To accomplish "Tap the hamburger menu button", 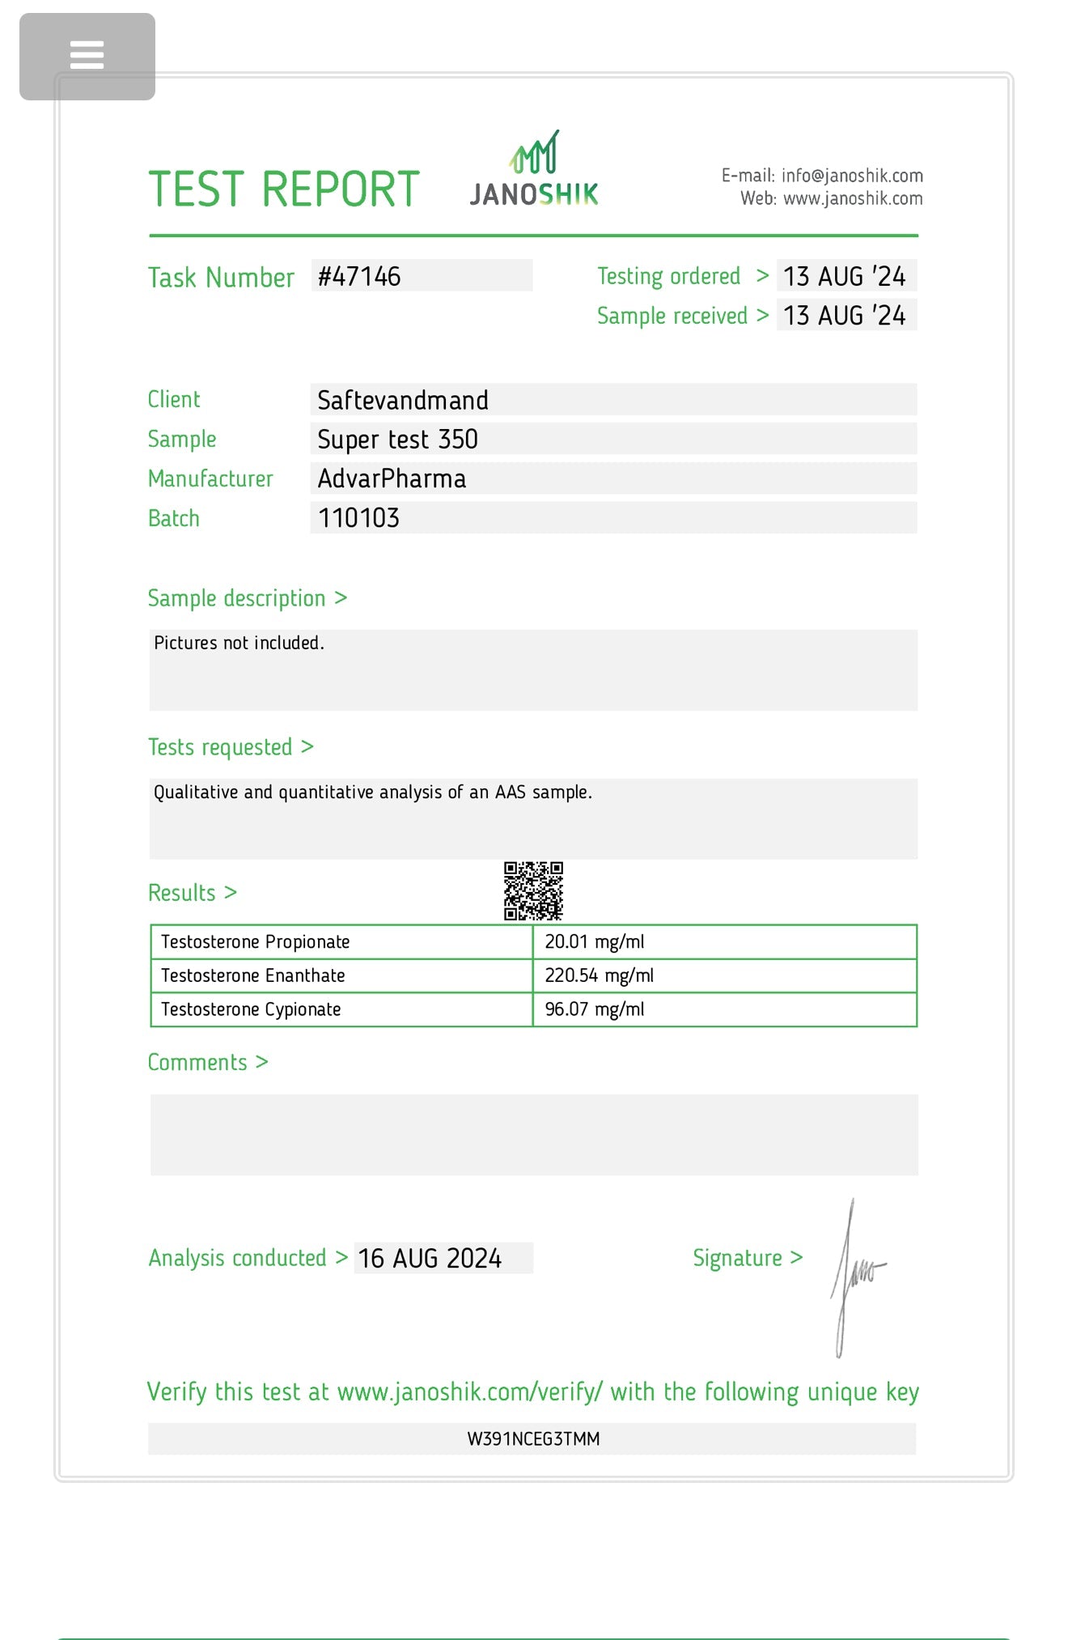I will pos(87,56).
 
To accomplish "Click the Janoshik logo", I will pos(534,171).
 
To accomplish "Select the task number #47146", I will pos(359,276).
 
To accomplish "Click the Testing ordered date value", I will pos(844,276).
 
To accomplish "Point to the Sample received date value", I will pos(844,315).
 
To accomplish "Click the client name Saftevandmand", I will pos(402,400).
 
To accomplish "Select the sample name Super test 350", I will pos(397,440).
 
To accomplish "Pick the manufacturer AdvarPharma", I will pos(392,478).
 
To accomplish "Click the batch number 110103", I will pos(358,518).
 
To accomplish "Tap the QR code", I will pos(533,891).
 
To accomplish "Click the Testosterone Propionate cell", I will pos(256,941).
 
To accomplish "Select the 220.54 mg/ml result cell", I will pos(599,975).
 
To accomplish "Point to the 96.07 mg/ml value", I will pos(595,1009).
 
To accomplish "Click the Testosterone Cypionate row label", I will pos(251,1009).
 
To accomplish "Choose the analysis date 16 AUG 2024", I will pos(430,1258).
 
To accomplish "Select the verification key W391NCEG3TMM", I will pos(533,1438).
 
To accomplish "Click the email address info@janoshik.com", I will pos(852,176).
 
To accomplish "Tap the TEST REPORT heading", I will pos(284,189).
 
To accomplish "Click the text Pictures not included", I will pos(239,643).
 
